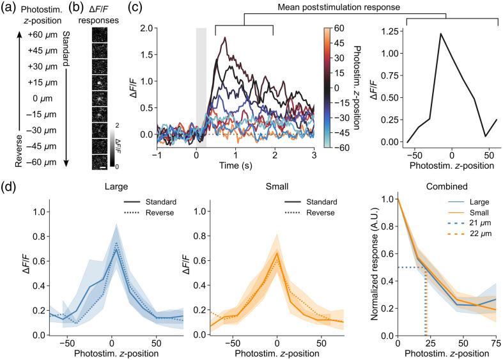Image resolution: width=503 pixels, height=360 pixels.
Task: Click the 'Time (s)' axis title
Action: (x=235, y=166)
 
